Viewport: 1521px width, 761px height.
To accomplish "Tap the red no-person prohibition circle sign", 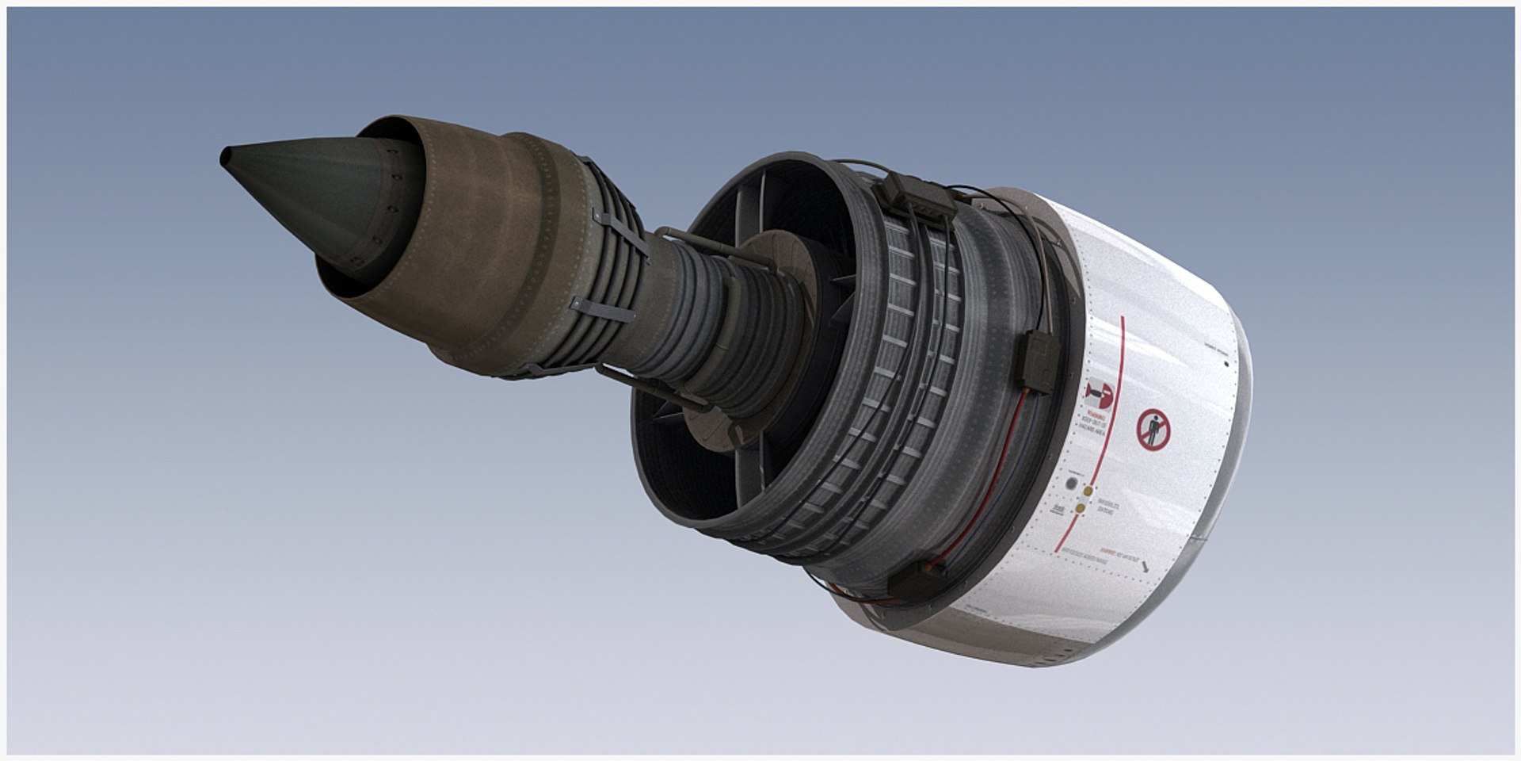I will [1152, 430].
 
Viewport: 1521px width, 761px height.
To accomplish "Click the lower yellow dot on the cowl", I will [1080, 510].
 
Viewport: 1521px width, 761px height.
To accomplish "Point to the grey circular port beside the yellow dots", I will [1072, 484].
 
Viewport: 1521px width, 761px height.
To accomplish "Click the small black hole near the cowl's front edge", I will [1226, 365].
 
